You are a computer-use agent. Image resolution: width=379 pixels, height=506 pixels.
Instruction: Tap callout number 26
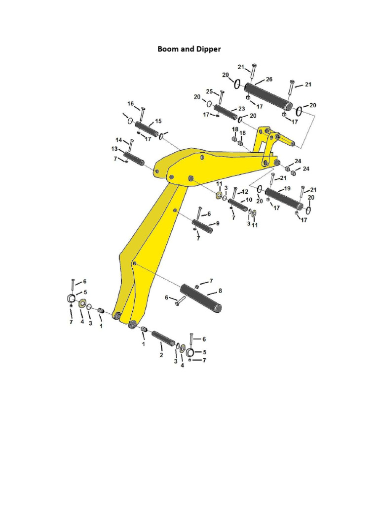269,79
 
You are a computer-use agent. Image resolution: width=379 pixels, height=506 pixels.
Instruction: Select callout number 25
209,92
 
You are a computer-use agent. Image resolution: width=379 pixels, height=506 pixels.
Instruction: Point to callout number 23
241,108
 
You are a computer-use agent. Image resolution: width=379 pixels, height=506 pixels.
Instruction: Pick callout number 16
131,104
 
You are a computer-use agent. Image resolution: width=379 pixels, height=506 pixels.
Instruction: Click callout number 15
158,121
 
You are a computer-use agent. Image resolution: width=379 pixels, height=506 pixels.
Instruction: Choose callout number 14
119,140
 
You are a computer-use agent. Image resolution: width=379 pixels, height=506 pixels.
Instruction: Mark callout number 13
114,149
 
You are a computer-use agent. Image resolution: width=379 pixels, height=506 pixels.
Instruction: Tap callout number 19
287,189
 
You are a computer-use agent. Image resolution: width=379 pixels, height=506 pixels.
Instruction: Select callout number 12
245,191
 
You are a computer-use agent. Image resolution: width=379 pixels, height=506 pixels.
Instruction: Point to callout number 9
217,223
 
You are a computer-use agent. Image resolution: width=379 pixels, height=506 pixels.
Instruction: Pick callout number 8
220,291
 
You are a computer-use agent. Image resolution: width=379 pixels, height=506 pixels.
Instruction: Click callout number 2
161,355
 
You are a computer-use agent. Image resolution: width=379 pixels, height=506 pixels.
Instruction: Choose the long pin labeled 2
162,338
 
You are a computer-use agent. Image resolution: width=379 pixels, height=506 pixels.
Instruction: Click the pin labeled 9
203,227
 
